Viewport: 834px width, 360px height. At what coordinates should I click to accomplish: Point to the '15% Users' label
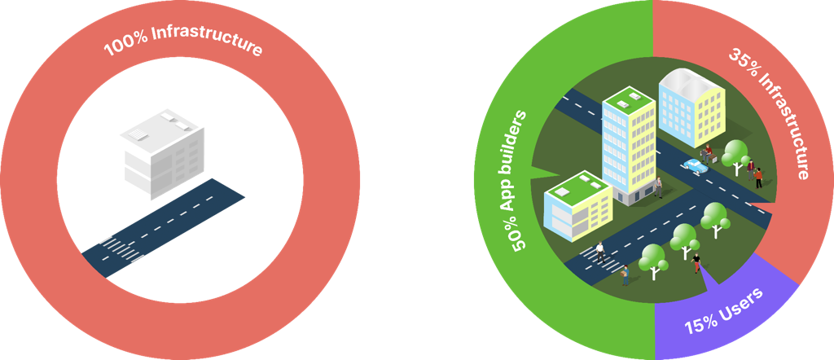pos(723,311)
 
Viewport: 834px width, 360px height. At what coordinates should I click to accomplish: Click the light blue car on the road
pos(694,165)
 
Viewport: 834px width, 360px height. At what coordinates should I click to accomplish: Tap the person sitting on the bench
pos(708,152)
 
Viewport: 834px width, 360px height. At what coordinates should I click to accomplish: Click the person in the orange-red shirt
pos(751,165)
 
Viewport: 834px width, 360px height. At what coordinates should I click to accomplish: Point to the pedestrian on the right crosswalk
pos(601,250)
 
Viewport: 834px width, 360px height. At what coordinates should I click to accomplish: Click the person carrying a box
pos(625,274)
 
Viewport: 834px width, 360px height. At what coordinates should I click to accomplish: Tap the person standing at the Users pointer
pos(696,261)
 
